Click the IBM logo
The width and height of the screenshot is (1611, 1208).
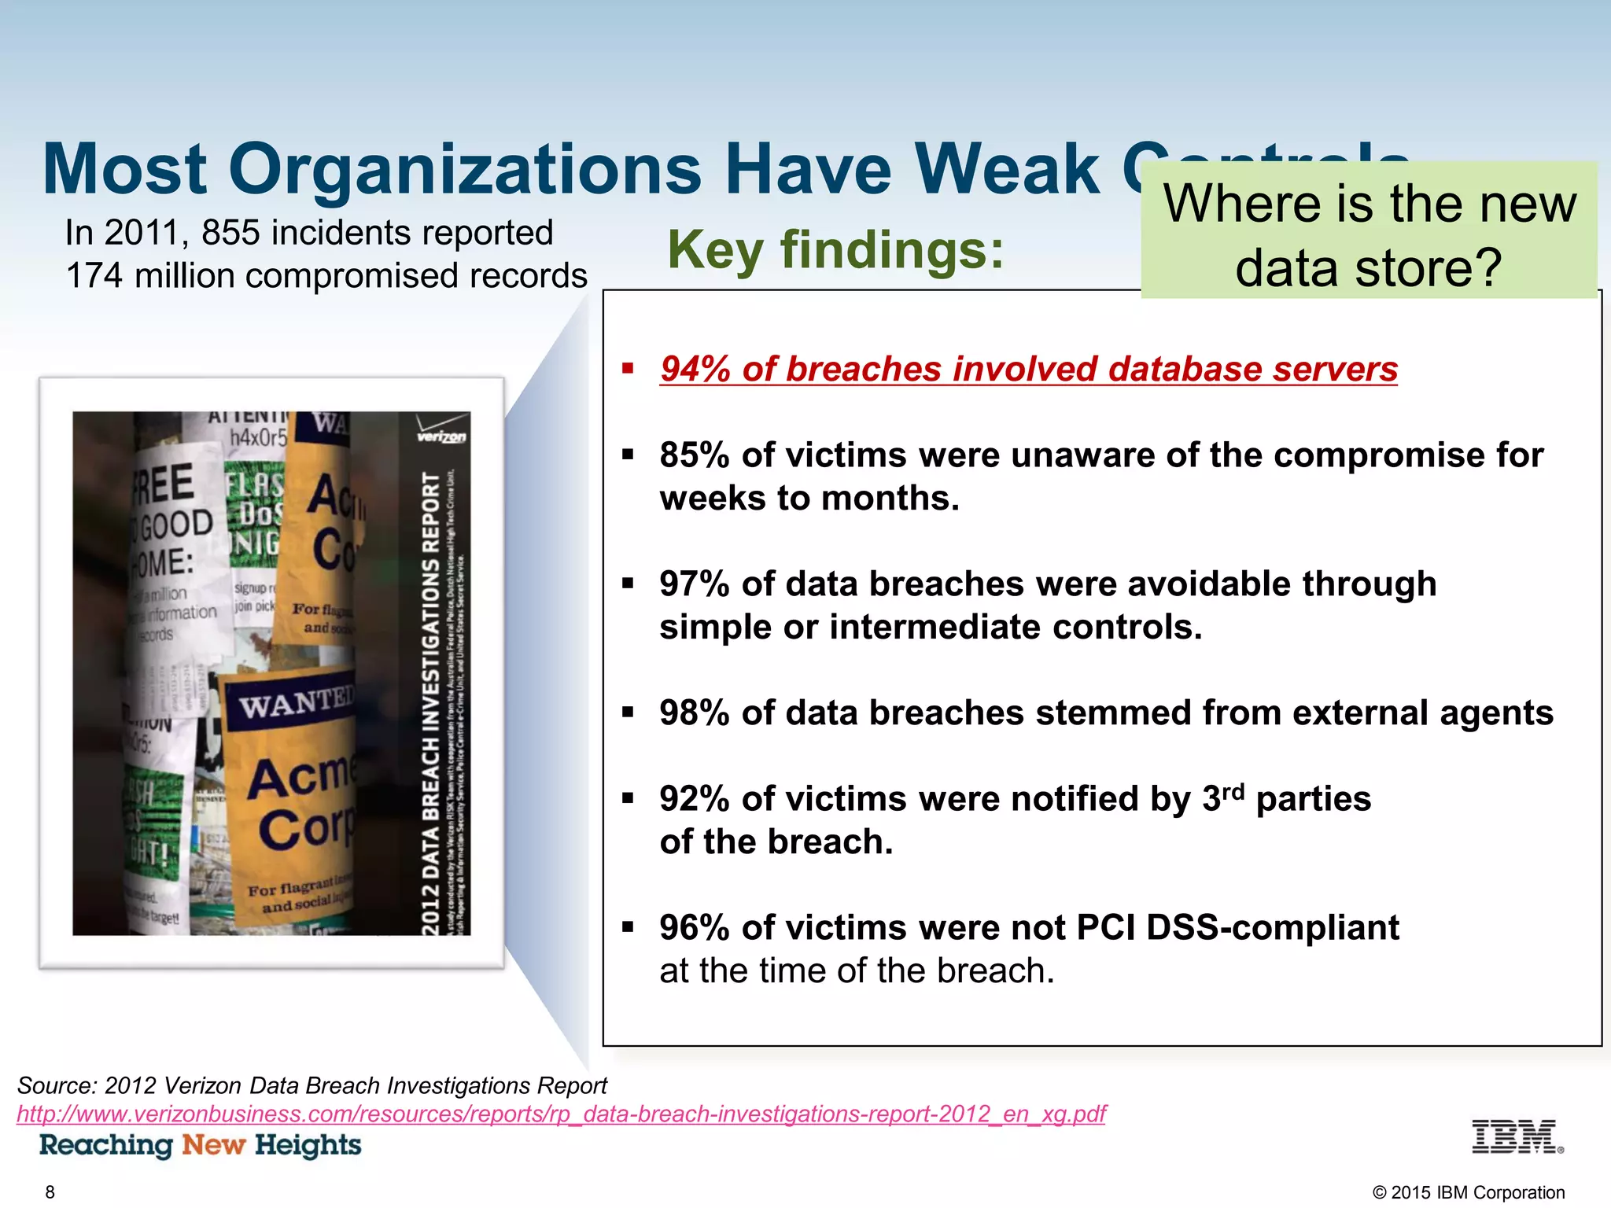tap(1517, 1137)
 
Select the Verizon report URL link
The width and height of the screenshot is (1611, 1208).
tap(561, 1114)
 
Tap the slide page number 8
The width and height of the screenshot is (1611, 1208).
tap(50, 1192)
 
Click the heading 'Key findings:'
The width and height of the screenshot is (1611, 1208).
tap(835, 250)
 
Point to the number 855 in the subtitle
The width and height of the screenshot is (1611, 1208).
tap(230, 233)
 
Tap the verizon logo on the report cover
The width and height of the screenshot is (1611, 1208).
tap(441, 436)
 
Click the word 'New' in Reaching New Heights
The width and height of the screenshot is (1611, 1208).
tap(214, 1145)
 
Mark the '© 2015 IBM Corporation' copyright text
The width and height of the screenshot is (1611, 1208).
tap(1468, 1192)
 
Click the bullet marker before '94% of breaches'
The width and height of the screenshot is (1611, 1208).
tap(628, 368)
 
